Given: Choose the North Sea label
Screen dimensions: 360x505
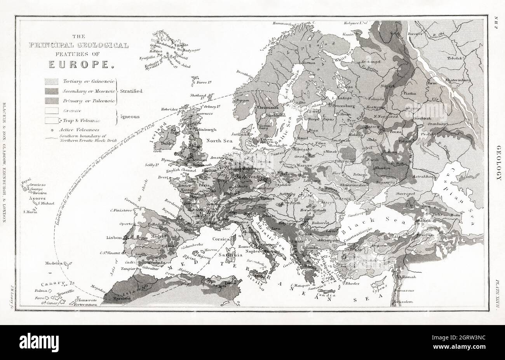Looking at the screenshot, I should (218, 141).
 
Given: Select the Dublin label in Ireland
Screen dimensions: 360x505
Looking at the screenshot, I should (167, 143).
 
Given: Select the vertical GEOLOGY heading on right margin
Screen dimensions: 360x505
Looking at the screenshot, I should (498, 163).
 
